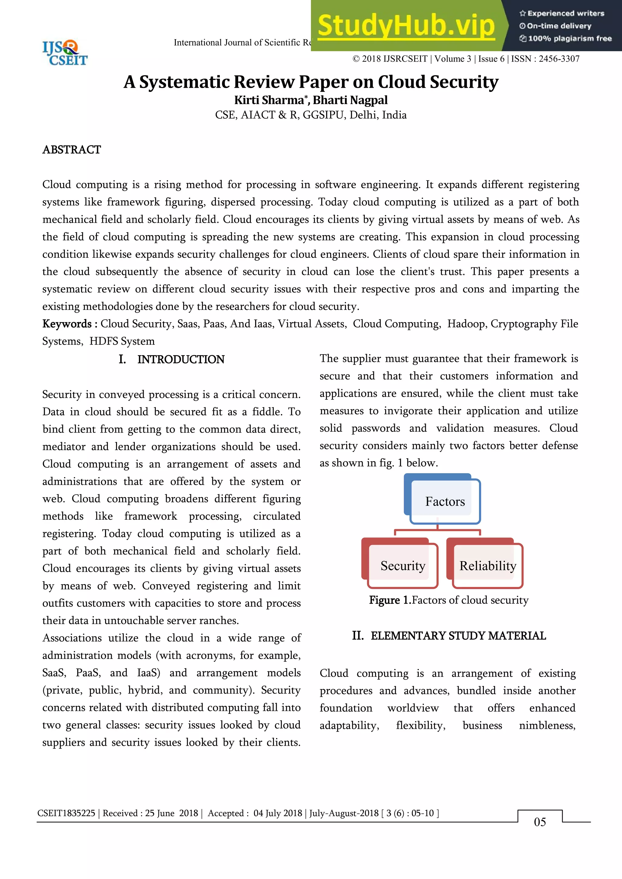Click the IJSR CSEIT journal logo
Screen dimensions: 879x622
point(65,53)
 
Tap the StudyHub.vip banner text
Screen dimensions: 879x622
point(406,26)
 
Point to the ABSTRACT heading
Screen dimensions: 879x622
point(72,150)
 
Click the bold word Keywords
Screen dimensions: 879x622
point(67,324)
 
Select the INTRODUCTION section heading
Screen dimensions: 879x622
point(181,359)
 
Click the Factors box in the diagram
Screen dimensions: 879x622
point(445,501)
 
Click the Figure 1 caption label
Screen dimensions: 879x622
point(390,600)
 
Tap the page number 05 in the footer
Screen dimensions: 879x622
point(540,822)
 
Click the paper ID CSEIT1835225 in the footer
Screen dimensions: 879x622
point(66,813)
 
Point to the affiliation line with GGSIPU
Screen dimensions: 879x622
point(311,115)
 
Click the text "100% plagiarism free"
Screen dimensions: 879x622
point(569,39)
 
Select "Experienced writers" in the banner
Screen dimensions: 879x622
point(565,13)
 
